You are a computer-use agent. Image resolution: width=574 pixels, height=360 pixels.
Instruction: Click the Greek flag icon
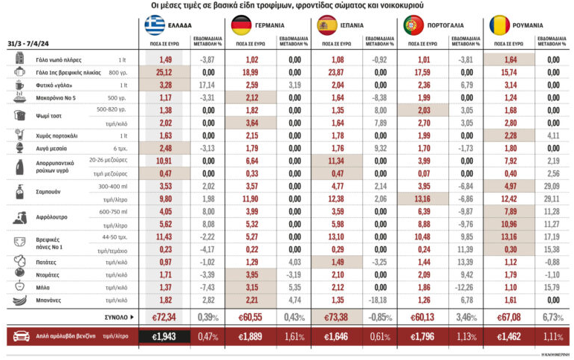[155, 25]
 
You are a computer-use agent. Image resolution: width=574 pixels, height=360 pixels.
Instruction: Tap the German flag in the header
[240, 25]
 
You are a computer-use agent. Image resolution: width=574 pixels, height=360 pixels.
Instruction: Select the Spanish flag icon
[327, 25]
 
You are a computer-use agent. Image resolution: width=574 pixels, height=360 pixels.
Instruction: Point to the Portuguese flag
[413, 25]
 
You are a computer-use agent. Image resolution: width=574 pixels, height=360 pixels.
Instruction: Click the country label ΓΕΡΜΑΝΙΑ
[270, 25]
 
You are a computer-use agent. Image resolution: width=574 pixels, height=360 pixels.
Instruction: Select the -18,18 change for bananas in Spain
[379, 300]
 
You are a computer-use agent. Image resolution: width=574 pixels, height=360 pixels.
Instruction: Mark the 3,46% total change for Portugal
[466, 317]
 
